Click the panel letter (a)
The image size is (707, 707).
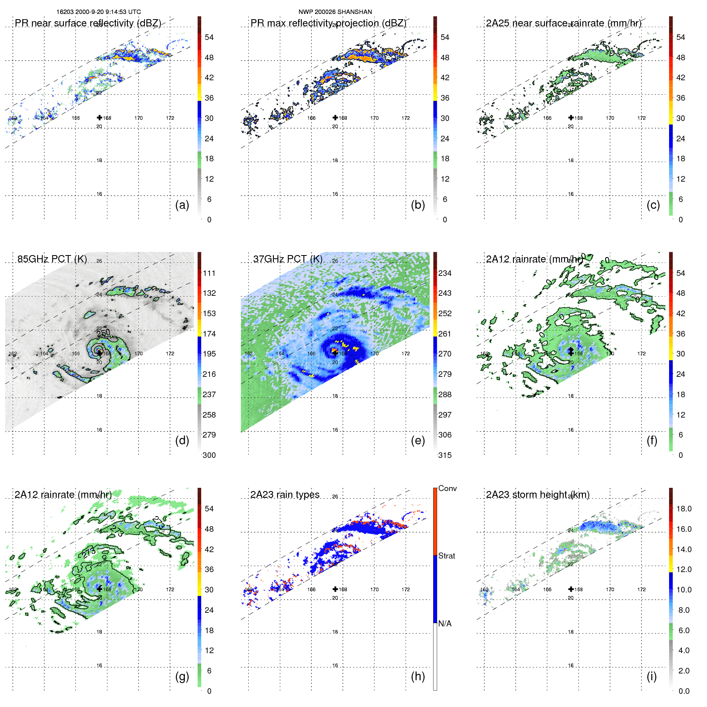pyautogui.click(x=182, y=205)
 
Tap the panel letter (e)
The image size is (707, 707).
pyautogui.click(x=418, y=440)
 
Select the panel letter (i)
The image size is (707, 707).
pyautogui.click(x=652, y=676)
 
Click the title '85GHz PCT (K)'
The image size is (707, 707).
pyautogui.click(x=52, y=259)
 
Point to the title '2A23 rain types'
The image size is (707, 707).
pyautogui.click(x=285, y=494)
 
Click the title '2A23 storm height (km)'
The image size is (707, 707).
pyautogui.click(x=537, y=494)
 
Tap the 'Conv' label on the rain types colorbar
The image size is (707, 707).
pyautogui.click(x=448, y=488)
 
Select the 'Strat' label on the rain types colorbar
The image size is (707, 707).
pyautogui.click(x=447, y=556)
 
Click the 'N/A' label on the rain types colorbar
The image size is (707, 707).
pyautogui.click(x=445, y=624)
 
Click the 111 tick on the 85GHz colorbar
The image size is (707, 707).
pyautogui.click(x=209, y=273)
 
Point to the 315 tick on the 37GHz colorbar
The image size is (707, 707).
pyautogui.click(x=445, y=455)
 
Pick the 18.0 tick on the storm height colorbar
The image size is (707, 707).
pyautogui.click(x=684, y=509)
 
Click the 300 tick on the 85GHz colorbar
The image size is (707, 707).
pyautogui.click(x=209, y=455)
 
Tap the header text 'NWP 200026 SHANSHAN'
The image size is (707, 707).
pyautogui.click(x=335, y=12)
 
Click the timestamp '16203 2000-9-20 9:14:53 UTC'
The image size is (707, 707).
pyautogui.click(x=99, y=12)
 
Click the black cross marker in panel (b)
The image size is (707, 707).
pyautogui.click(x=335, y=117)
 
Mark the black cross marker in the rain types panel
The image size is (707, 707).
pyautogui.click(x=335, y=589)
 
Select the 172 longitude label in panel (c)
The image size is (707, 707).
pyautogui.click(x=641, y=118)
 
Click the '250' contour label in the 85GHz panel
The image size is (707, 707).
pyautogui.click(x=103, y=333)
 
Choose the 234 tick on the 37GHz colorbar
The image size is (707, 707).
pyautogui.click(x=445, y=273)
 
